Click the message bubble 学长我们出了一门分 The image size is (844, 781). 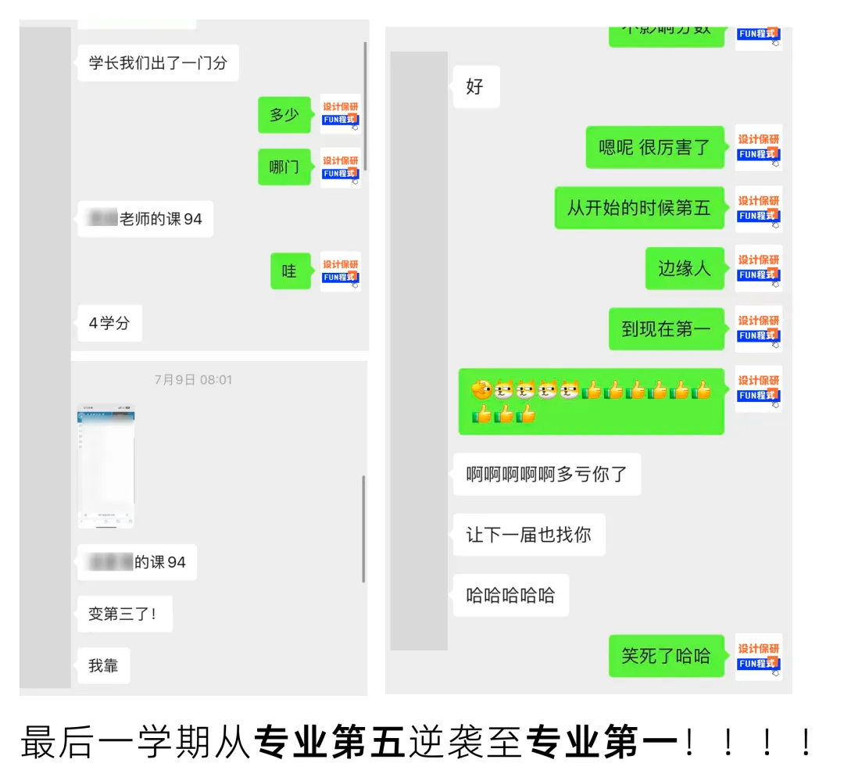point(158,63)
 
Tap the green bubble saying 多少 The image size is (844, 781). point(284,115)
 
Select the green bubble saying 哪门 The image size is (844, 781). point(284,167)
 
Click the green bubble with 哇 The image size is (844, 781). point(290,271)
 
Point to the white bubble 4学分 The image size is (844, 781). point(109,323)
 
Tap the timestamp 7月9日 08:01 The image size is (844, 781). point(193,380)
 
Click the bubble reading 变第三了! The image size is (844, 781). point(124,614)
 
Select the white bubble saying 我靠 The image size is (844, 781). point(103,665)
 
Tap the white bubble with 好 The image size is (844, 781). point(475,87)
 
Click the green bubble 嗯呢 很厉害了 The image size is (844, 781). point(655,147)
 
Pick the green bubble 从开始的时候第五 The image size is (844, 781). point(639,208)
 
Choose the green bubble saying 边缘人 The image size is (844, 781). point(685,268)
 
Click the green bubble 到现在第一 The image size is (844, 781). point(667,329)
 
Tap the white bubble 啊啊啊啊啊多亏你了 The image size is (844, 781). point(546,474)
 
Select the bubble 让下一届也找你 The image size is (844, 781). point(528,535)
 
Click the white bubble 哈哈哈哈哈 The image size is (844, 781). point(510,595)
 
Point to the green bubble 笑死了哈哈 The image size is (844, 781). point(666,656)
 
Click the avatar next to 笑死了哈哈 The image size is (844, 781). point(759,656)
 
